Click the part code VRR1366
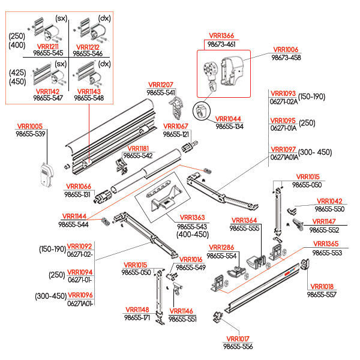pyautogui.click(x=220, y=37)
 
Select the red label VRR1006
pyautogui.click(x=286, y=50)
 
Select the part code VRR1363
pyautogui.click(x=190, y=218)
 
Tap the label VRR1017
pyautogui.click(x=238, y=339)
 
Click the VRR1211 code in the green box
pyautogui.click(x=48, y=46)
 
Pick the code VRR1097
pyautogui.click(x=283, y=149)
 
